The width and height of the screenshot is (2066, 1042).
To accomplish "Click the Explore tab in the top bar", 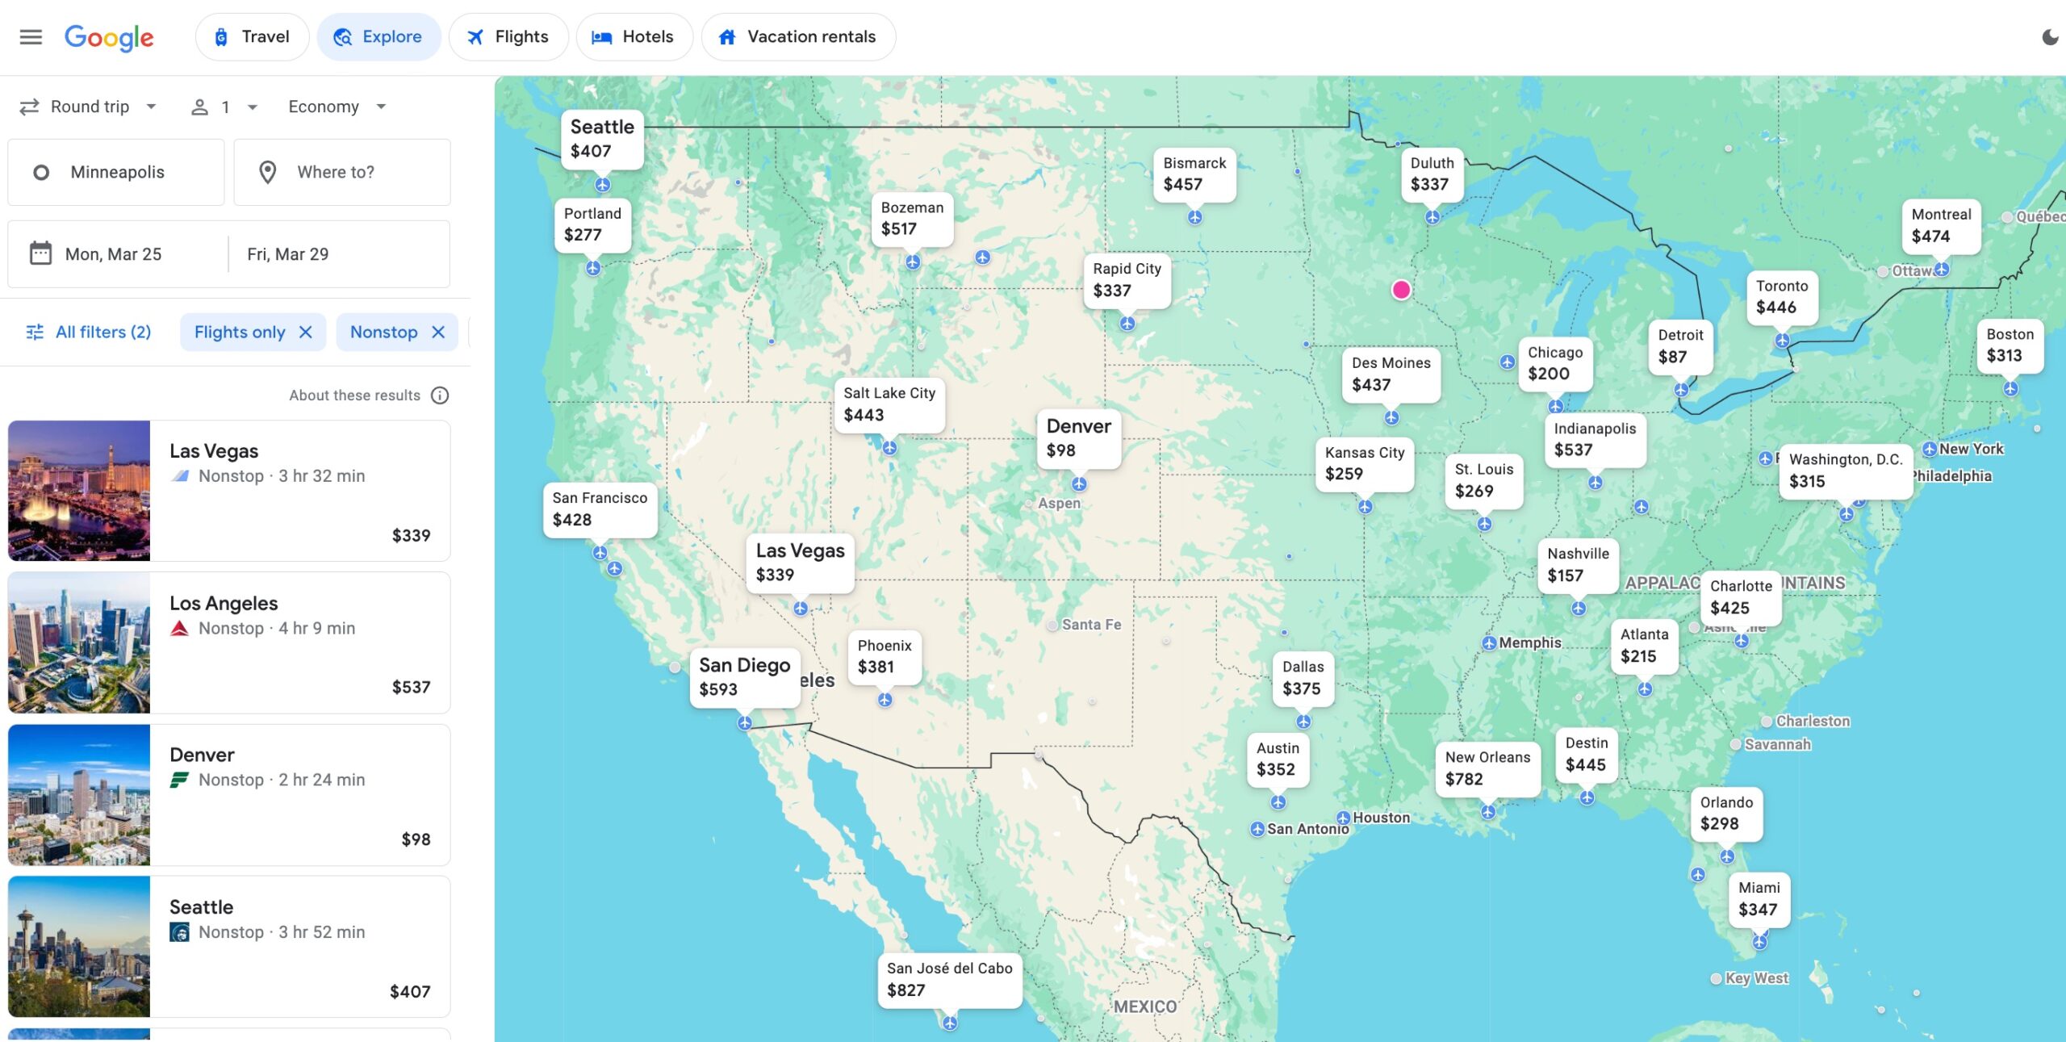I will (378, 37).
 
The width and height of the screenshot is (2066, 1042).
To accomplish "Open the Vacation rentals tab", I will (798, 37).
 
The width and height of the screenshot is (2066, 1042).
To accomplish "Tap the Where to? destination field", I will (342, 172).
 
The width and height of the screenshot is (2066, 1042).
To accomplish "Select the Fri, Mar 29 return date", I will (288, 254).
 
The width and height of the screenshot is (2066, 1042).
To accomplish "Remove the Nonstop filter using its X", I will (438, 333).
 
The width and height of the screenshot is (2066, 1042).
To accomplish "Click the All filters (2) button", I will (89, 333).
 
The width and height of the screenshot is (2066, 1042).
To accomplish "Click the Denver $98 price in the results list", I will (416, 839).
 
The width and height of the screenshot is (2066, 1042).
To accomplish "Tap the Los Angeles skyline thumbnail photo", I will (79, 642).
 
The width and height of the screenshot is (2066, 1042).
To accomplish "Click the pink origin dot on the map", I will (1401, 290).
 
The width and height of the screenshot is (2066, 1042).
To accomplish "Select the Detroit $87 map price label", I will (1680, 346).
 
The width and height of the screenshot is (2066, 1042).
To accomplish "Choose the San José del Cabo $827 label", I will (949, 979).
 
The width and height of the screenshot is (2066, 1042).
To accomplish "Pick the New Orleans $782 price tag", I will (1487, 768).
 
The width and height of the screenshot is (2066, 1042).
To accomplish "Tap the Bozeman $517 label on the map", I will (912, 219).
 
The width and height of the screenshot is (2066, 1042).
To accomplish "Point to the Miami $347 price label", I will (1759, 899).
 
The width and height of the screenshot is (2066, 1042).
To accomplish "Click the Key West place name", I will (1756, 978).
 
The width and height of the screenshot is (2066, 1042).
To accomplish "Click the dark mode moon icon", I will (2050, 37).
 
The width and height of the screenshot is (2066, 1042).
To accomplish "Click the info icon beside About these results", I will (440, 395).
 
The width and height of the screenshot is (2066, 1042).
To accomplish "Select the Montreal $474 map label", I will (1941, 226).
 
